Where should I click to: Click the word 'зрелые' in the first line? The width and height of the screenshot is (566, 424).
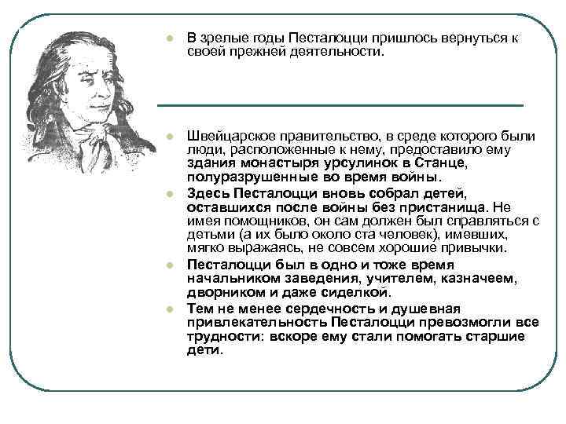[x=222, y=38]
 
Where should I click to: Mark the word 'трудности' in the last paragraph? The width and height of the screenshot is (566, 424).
[x=219, y=336]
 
